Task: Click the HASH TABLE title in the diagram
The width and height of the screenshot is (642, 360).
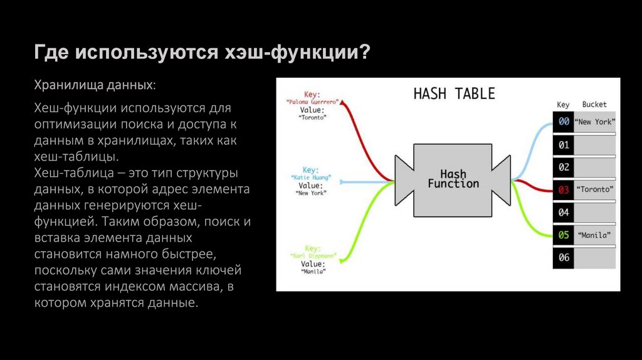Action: click(454, 93)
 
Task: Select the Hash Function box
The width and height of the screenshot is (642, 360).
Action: click(453, 179)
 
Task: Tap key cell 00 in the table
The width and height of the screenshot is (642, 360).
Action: click(563, 122)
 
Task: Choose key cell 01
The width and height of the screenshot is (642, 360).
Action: click(563, 145)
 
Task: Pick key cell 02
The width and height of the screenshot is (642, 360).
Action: click(563, 167)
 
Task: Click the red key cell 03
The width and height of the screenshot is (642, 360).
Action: click(563, 189)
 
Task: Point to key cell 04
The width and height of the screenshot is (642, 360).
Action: click(563, 212)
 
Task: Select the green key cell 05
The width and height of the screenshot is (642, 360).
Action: click(563, 235)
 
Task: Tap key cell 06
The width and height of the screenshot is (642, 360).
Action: click(563, 257)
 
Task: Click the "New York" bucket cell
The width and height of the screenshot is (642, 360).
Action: click(595, 122)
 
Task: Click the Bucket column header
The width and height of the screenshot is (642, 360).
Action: click(594, 105)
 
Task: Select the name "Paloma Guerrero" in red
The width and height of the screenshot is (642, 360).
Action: click(312, 102)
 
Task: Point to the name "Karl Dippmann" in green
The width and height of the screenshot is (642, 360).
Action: click(312, 257)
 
